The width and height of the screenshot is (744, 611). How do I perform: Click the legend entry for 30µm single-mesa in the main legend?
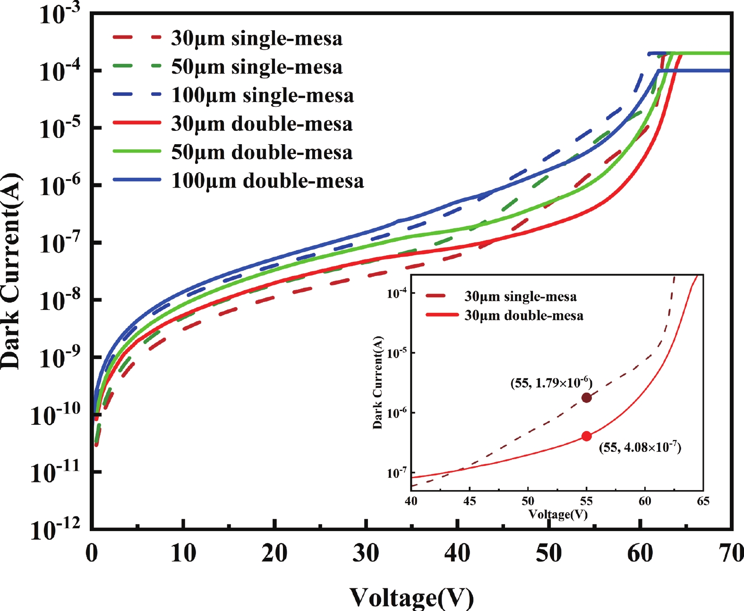pyautogui.click(x=257, y=38)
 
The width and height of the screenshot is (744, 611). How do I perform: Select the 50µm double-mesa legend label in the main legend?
pyautogui.click(x=262, y=152)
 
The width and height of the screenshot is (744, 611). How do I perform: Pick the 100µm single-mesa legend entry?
pyautogui.click(x=262, y=95)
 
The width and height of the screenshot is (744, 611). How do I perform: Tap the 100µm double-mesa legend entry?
pyautogui.click(x=267, y=181)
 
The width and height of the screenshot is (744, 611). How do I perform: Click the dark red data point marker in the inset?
pyautogui.click(x=586, y=397)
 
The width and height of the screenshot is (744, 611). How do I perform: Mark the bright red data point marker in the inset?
pyautogui.click(x=586, y=436)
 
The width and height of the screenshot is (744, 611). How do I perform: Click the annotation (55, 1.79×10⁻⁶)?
pyautogui.click(x=551, y=382)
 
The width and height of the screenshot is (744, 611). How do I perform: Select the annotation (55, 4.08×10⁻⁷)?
pyautogui.click(x=640, y=447)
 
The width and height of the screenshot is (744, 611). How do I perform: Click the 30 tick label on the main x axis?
pyautogui.click(x=366, y=553)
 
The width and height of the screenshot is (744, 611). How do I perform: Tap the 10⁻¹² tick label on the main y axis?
pyautogui.click(x=55, y=529)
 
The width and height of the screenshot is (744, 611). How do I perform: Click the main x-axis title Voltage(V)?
pyautogui.click(x=411, y=597)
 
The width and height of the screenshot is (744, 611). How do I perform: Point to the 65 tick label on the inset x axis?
pyautogui.click(x=703, y=501)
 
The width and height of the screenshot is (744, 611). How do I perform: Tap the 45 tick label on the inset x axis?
pyautogui.click(x=470, y=501)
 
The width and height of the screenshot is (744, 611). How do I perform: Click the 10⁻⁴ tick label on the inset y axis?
pyautogui.click(x=397, y=293)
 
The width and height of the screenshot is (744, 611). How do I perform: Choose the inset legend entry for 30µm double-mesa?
pyautogui.click(x=523, y=315)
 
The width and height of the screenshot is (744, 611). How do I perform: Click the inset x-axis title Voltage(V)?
pyautogui.click(x=557, y=514)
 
